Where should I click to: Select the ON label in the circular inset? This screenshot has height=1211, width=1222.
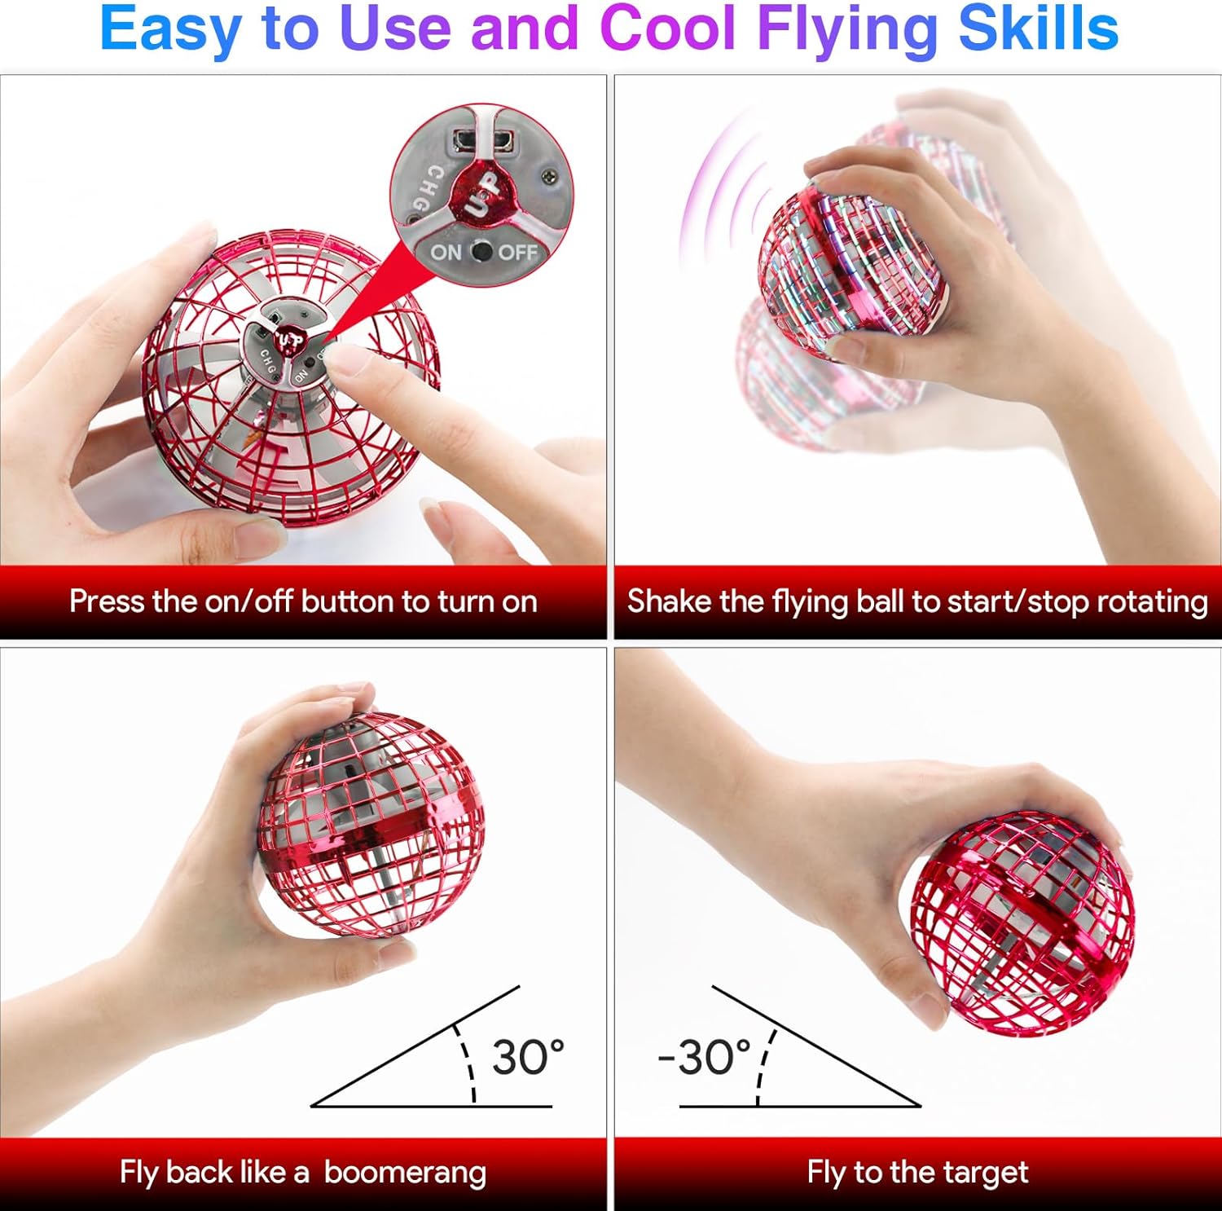(x=446, y=253)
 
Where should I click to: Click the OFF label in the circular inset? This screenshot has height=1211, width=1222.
(x=517, y=253)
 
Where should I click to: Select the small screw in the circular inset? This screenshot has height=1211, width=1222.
(x=550, y=174)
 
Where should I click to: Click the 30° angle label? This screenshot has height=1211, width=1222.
(x=528, y=1057)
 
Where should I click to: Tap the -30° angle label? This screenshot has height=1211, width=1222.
(x=705, y=1057)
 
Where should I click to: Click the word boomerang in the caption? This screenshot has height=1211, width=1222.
(x=405, y=1172)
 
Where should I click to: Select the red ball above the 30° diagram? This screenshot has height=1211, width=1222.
(x=371, y=823)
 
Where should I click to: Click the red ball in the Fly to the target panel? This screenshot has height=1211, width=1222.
(x=1022, y=921)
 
